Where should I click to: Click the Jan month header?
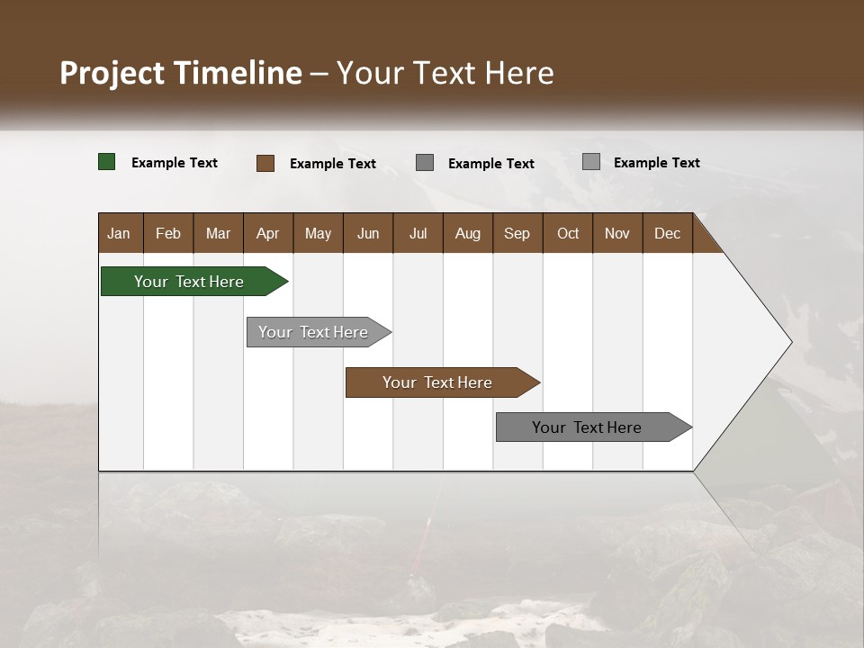tap(119, 233)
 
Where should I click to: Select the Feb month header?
tap(168, 233)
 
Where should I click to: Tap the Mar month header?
tap(218, 233)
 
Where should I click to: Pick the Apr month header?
tap(267, 233)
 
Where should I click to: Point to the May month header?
tap(318, 233)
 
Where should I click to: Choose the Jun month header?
tap(368, 233)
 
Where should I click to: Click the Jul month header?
tap(418, 233)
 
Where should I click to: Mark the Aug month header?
tap(467, 233)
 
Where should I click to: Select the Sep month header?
tap(517, 233)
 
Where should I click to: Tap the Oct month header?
tap(568, 233)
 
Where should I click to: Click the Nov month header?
tap(617, 233)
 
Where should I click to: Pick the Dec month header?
tap(667, 233)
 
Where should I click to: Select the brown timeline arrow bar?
tap(438, 382)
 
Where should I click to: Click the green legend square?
tap(107, 162)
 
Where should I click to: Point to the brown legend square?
tap(265, 163)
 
